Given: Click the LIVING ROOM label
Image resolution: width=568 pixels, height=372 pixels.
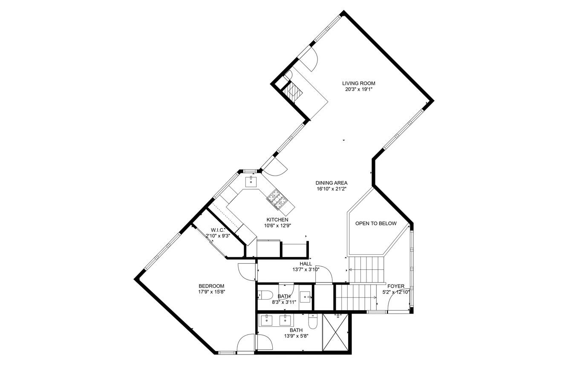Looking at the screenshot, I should pyautogui.click(x=358, y=84).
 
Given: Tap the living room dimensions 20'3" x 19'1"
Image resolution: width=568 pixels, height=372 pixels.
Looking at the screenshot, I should pyautogui.click(x=358, y=89).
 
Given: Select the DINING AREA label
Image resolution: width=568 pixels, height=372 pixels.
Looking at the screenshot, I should pyautogui.click(x=331, y=183).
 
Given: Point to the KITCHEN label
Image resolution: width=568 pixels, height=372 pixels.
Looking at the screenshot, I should pyautogui.click(x=277, y=220).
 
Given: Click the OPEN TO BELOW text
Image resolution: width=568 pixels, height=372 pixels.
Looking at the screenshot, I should pyautogui.click(x=376, y=223).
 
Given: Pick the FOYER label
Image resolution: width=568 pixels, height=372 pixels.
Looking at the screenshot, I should pyautogui.click(x=396, y=286).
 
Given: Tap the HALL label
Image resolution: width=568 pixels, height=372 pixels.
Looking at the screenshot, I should pyautogui.click(x=306, y=264).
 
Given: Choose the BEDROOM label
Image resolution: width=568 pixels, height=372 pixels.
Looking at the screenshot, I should pyautogui.click(x=211, y=286).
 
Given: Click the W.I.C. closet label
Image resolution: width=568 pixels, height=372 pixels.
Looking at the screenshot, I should pyautogui.click(x=217, y=230).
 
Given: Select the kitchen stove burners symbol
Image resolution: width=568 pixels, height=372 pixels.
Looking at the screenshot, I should pyautogui.click(x=276, y=199).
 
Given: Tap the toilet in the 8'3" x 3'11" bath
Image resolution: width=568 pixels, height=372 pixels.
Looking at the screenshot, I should pyautogui.click(x=265, y=295).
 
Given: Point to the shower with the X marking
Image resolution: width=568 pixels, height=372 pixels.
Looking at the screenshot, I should pyautogui.click(x=335, y=332).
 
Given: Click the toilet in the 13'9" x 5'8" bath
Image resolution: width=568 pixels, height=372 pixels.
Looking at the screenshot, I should pyautogui.click(x=312, y=322).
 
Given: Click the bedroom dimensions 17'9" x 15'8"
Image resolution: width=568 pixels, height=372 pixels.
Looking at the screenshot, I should pyautogui.click(x=211, y=292).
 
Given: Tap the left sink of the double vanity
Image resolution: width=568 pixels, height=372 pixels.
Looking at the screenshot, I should pyautogui.click(x=266, y=320).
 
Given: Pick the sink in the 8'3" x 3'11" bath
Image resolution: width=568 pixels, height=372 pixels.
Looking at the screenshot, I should pyautogui.click(x=306, y=297).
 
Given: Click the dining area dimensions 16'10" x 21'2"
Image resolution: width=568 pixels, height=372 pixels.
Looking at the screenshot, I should pyautogui.click(x=331, y=189).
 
